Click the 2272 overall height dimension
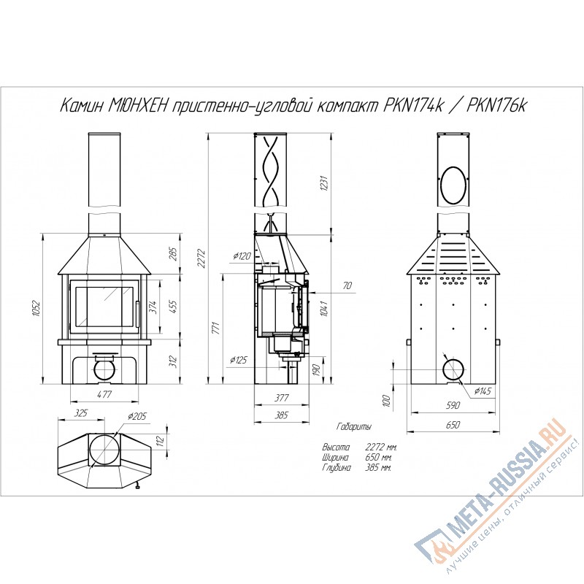[201, 258]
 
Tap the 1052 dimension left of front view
[36, 308]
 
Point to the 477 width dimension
[104, 394]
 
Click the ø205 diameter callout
[137, 416]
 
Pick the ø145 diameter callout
[483, 391]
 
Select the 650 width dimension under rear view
[453, 425]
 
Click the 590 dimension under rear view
[453, 405]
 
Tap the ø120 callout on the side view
[242, 256]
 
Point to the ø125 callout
[239, 360]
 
